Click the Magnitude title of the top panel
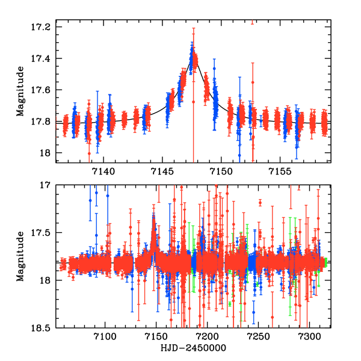pyautogui.click(x=20, y=91)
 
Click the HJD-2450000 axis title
pyautogui.click(x=192, y=350)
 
